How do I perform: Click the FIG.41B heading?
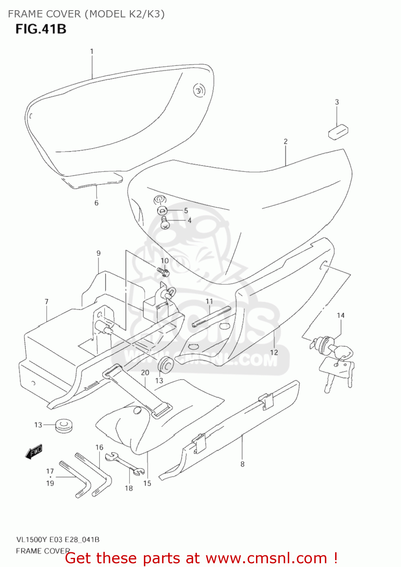pyautogui.click(x=41, y=29)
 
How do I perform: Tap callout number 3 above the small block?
pyautogui.click(x=337, y=102)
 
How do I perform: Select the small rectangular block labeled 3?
pyautogui.click(x=338, y=132)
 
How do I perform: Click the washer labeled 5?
pyautogui.click(x=162, y=210)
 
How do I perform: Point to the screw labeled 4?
pyautogui.click(x=165, y=223)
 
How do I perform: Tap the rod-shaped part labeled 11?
pyautogui.click(x=211, y=317)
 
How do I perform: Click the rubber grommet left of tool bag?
pyautogui.click(x=64, y=425)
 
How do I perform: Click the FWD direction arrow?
pyautogui.click(x=34, y=451)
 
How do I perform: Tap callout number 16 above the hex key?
pyautogui.click(x=99, y=448)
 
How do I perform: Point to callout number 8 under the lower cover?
pyautogui.click(x=242, y=464)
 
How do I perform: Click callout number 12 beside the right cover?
pyautogui.click(x=274, y=352)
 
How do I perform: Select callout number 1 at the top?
pyautogui.click(x=91, y=51)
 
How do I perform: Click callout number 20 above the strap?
pyautogui.click(x=145, y=373)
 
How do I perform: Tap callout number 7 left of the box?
pyautogui.click(x=47, y=302)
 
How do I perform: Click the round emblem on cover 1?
pyautogui.click(x=198, y=90)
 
